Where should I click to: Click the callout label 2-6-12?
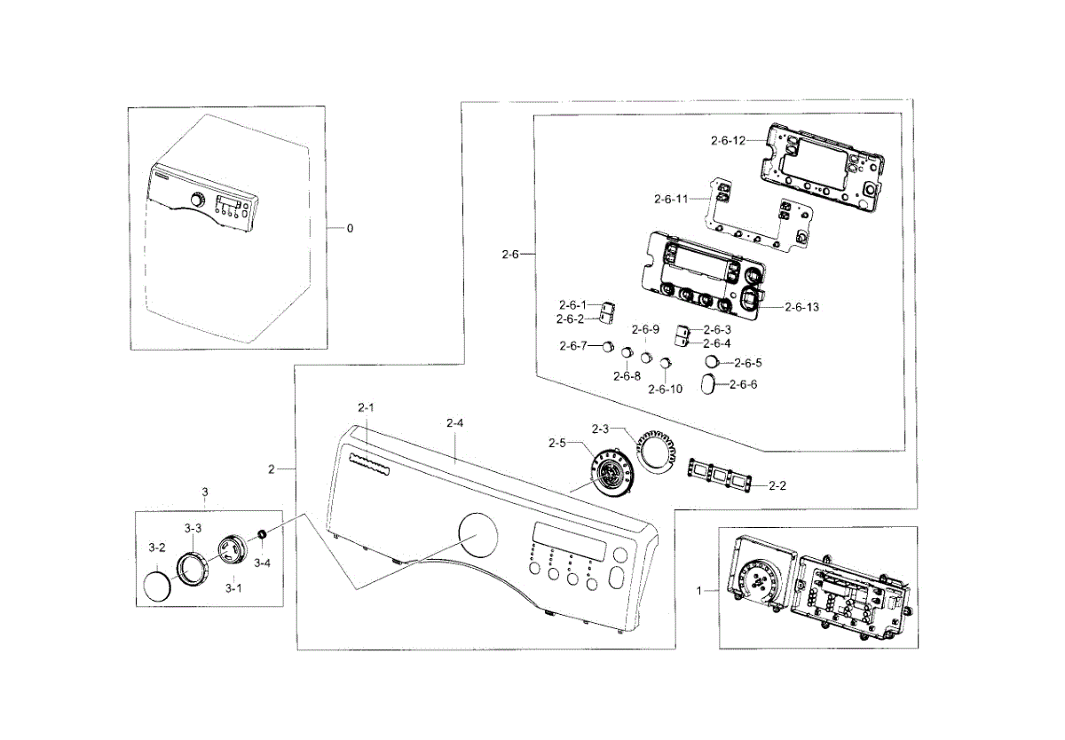click(728, 140)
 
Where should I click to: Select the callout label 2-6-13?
click(801, 307)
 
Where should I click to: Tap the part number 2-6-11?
click(671, 199)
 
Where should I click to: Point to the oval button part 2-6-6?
click(714, 383)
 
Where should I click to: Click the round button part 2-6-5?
click(713, 361)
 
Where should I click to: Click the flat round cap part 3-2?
click(157, 588)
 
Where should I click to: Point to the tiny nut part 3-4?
click(263, 533)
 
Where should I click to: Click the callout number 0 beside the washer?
click(350, 228)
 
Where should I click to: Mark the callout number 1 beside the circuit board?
click(699, 589)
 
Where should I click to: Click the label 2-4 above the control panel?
click(454, 423)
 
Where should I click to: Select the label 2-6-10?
click(665, 390)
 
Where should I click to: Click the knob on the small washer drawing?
click(196, 200)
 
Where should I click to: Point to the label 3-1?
click(233, 588)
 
